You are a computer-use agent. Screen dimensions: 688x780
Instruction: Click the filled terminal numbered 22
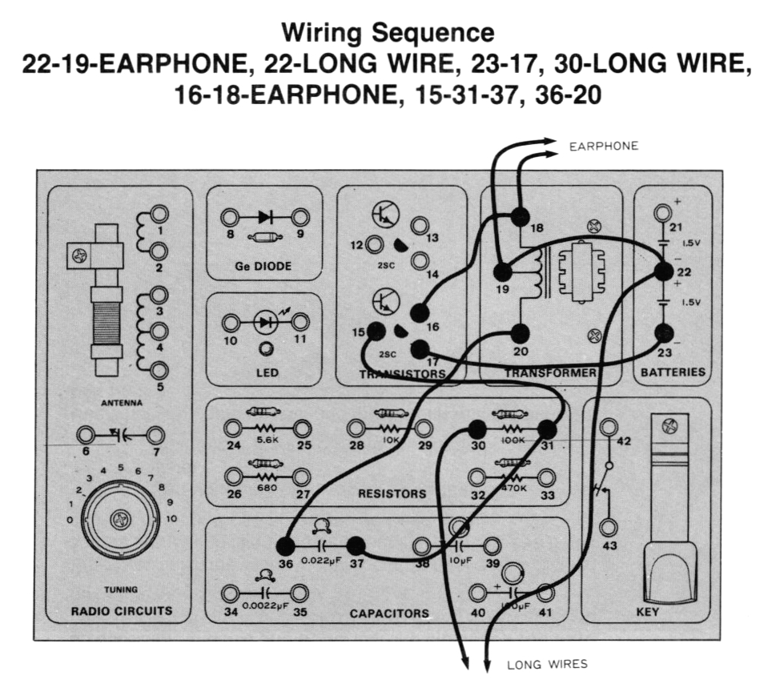click(663, 272)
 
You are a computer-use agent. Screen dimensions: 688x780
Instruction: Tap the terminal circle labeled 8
click(230, 217)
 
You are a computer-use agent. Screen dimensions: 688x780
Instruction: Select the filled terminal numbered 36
click(284, 546)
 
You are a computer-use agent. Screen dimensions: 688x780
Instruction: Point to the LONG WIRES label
click(547, 664)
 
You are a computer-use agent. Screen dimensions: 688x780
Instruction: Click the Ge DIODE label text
click(263, 266)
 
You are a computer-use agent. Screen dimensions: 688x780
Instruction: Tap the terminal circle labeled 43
click(609, 527)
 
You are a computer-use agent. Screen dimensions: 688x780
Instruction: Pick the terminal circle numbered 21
click(662, 213)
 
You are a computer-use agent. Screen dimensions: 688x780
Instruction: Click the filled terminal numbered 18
click(520, 216)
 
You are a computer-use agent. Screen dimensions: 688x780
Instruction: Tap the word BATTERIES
click(673, 372)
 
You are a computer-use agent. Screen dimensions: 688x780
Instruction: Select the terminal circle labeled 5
click(159, 370)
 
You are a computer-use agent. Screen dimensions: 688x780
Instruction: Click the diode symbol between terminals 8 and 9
click(265, 217)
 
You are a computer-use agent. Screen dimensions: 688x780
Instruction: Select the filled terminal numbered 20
click(520, 332)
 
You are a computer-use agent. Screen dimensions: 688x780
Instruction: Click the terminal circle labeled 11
click(301, 323)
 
